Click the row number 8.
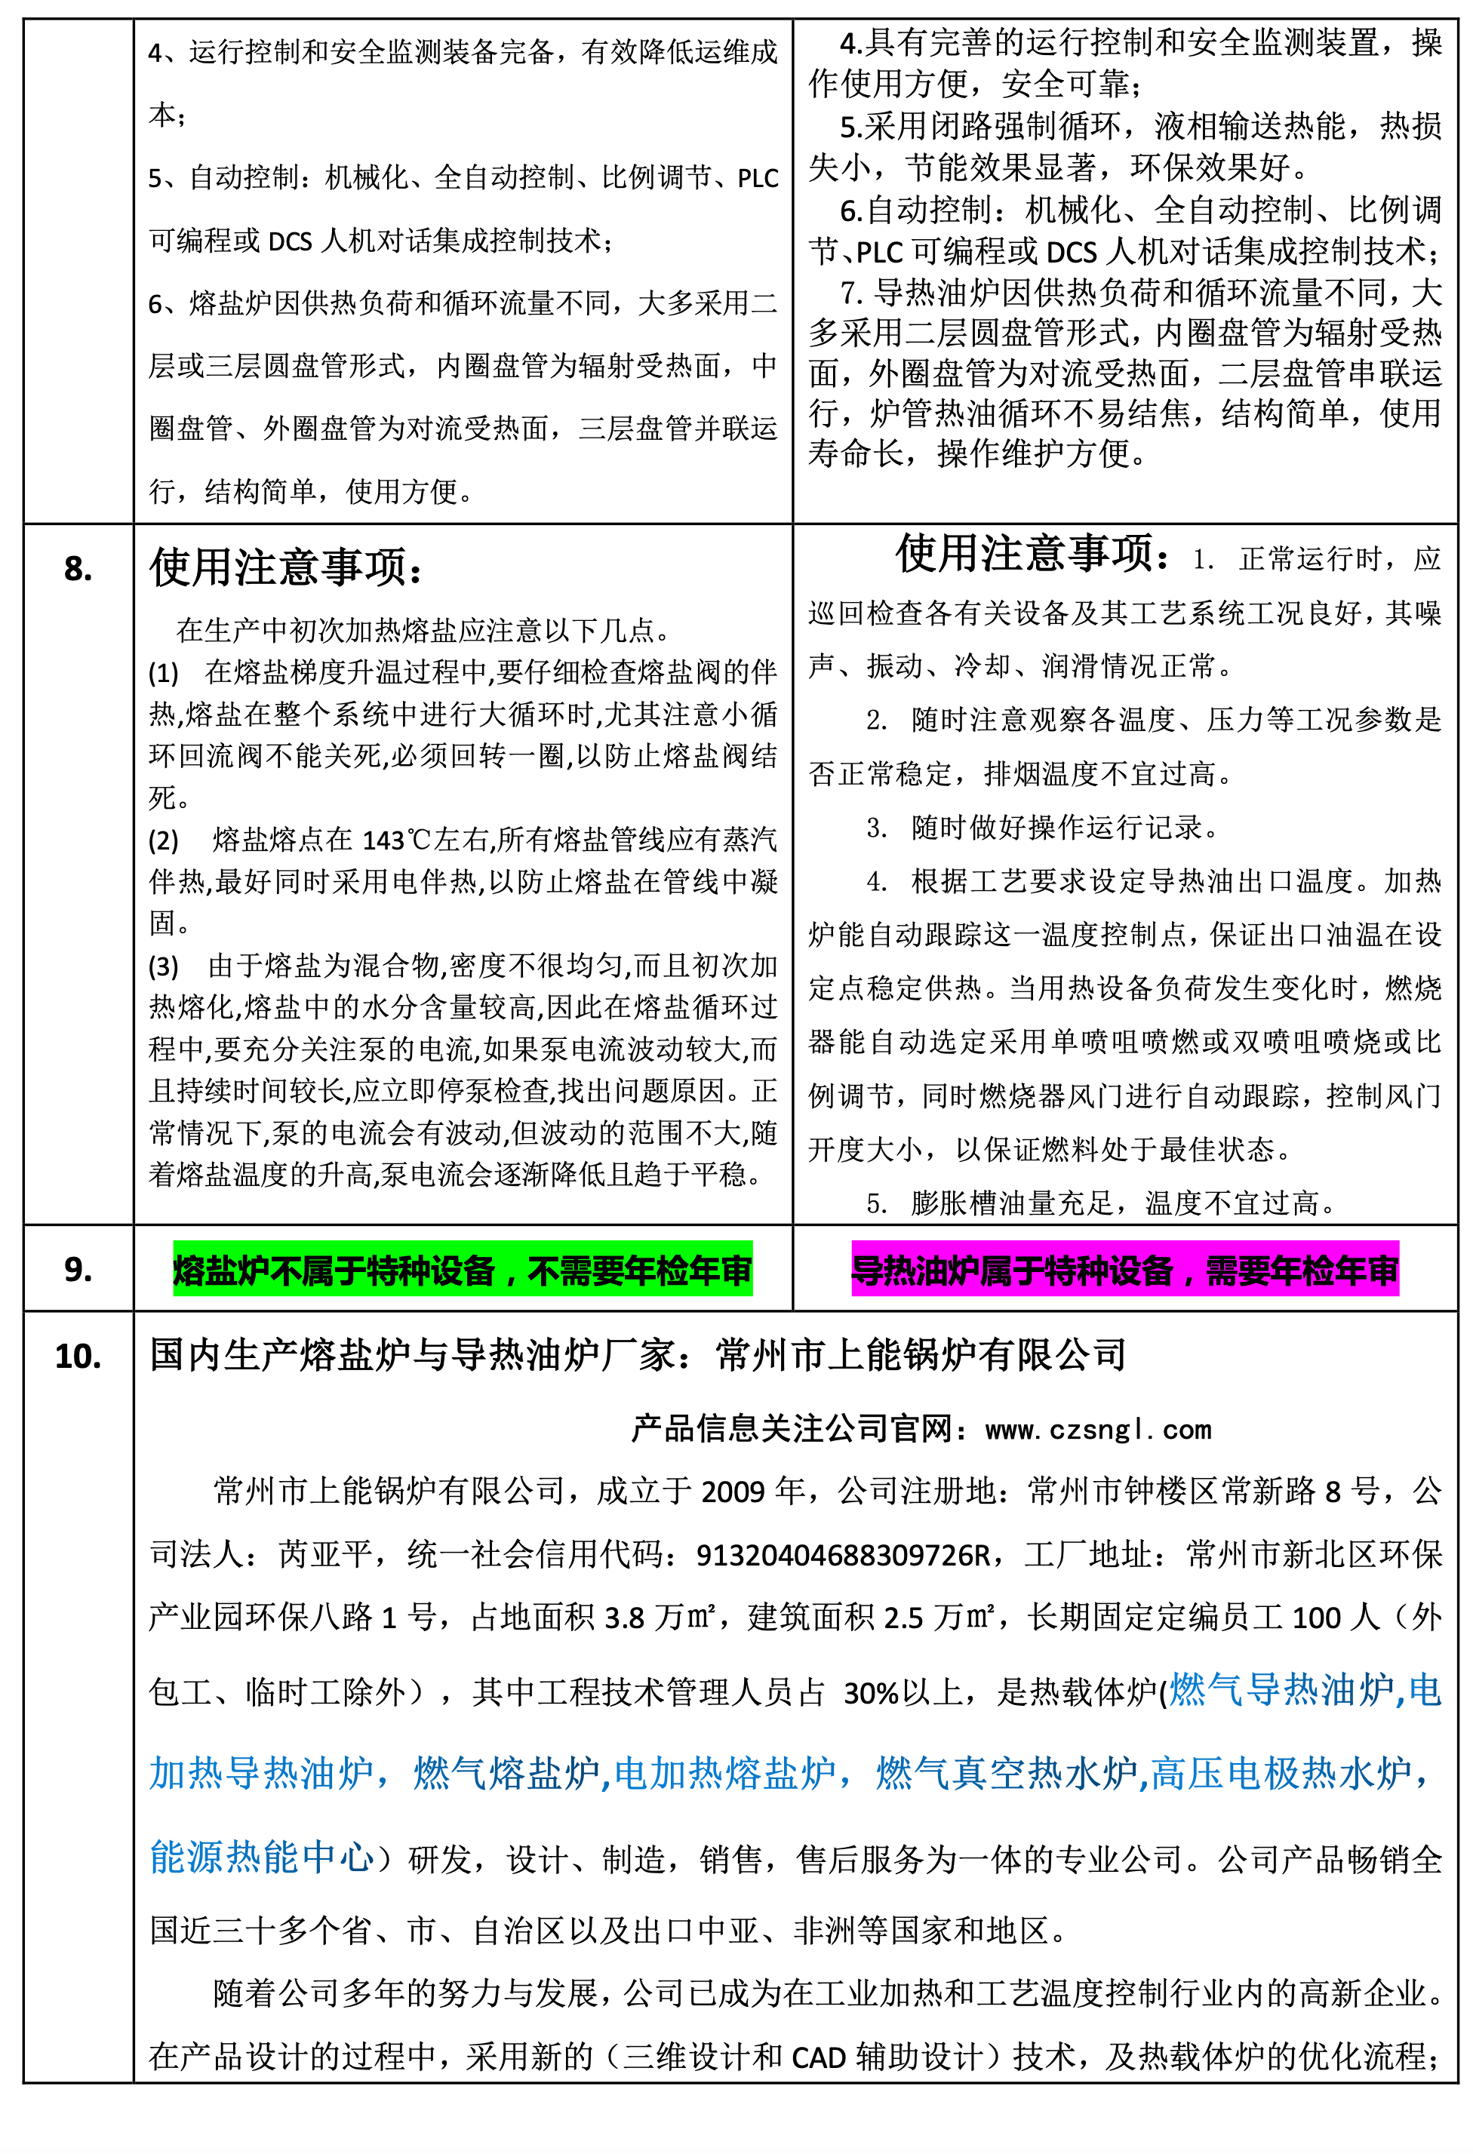(78, 569)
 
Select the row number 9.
(78, 1269)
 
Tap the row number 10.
(78, 1356)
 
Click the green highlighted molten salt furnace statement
(462, 1270)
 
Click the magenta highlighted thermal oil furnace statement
(1124, 1270)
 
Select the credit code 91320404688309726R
(843, 1554)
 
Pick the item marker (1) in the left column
(163, 672)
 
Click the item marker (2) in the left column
(163, 840)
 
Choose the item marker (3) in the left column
(163, 966)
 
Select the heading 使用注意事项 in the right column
(1023, 555)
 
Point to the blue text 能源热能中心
(261, 1857)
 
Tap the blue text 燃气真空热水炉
(1006, 1773)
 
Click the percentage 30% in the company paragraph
(872, 1692)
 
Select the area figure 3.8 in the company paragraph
(624, 1618)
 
